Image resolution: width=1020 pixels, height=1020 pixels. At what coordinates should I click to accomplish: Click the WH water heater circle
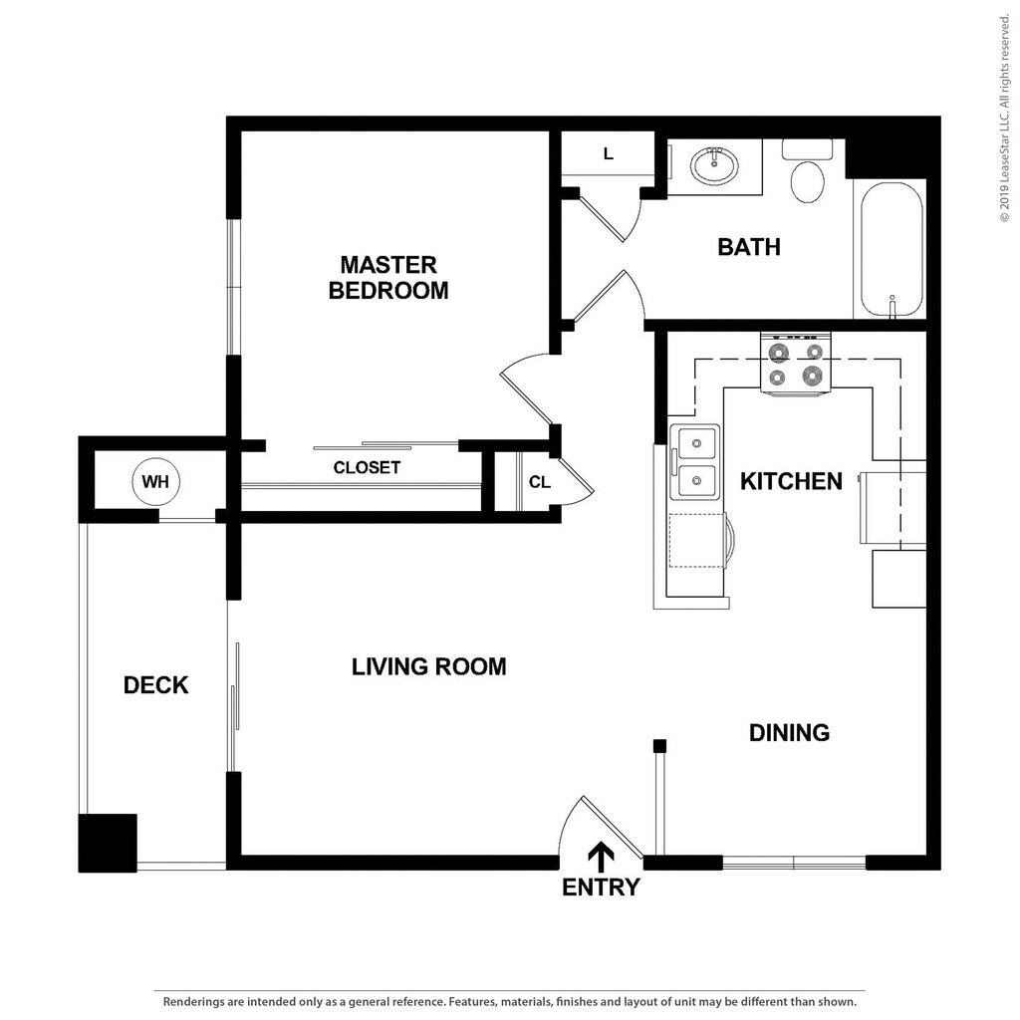click(154, 481)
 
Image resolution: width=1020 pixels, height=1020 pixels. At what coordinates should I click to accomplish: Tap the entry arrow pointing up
click(601, 858)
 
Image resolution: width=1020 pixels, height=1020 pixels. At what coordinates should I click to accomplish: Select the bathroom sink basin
click(714, 166)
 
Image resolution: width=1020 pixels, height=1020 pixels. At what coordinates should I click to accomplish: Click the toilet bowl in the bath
click(807, 181)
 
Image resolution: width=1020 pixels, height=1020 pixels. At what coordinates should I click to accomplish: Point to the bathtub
click(892, 250)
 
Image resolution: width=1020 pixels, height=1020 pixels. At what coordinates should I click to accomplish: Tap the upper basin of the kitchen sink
click(696, 443)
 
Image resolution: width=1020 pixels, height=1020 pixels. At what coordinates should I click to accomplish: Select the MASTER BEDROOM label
click(388, 277)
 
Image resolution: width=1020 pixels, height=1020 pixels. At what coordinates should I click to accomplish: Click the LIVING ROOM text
click(428, 666)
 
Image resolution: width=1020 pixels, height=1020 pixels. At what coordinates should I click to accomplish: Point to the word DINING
click(789, 733)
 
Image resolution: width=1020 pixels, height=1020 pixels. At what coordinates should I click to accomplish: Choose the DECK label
click(156, 685)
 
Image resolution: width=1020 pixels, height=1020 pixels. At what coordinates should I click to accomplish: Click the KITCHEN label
click(791, 481)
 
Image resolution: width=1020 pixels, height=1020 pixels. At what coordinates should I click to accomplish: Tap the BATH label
click(749, 247)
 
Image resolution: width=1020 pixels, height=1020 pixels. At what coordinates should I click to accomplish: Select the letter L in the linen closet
click(609, 154)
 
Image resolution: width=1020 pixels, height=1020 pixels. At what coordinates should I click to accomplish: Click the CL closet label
click(539, 482)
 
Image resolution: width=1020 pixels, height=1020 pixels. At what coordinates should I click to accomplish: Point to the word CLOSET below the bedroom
click(367, 467)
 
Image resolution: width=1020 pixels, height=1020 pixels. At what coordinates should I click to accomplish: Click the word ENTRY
click(601, 888)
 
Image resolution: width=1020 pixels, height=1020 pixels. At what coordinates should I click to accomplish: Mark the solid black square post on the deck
click(108, 843)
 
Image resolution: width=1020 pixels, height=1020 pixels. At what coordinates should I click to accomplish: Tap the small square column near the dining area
click(659, 745)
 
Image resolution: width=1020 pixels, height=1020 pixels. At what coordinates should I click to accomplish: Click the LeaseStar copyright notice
click(1005, 119)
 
